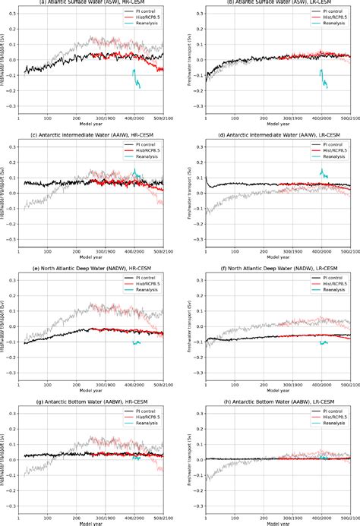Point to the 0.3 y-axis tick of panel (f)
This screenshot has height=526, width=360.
(x=197, y=280)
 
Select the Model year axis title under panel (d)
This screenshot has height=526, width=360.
(x=276, y=257)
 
